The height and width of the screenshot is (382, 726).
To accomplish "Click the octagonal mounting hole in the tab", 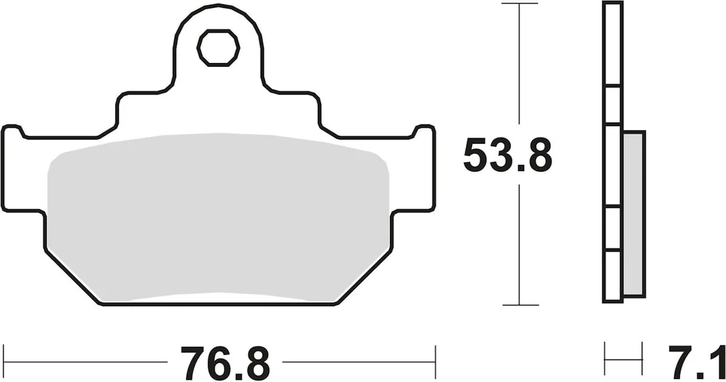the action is click(218, 47).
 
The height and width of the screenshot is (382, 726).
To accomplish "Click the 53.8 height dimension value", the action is click(508, 155).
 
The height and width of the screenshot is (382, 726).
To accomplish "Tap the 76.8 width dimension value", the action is click(225, 363).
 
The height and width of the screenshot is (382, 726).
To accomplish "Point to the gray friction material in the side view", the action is click(634, 213).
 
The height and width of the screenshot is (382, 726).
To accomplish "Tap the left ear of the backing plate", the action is click(23, 169).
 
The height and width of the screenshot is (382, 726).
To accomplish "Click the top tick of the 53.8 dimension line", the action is click(520, 4).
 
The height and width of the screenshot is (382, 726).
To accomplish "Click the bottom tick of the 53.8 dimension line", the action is click(520, 305).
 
